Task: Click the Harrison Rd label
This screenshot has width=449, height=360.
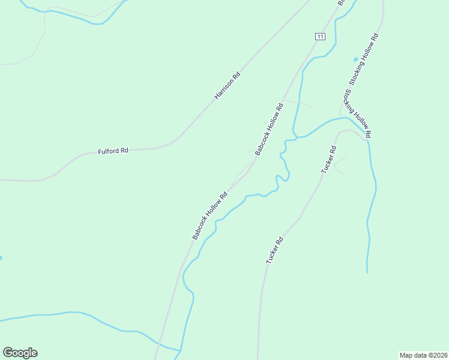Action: click(228, 86)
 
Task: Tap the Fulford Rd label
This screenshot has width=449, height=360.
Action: click(113, 152)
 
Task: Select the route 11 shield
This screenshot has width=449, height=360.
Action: click(320, 37)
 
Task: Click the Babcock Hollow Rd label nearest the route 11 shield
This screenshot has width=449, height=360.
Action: click(269, 130)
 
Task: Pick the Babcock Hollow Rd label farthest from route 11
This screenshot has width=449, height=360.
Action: click(209, 215)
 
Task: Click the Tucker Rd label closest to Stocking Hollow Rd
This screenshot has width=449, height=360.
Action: click(328, 160)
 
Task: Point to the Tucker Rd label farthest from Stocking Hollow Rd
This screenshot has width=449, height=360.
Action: click(274, 251)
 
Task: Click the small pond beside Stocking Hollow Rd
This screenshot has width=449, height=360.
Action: click(356, 59)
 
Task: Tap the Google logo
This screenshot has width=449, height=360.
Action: click(20, 353)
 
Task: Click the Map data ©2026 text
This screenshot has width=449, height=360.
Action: click(423, 355)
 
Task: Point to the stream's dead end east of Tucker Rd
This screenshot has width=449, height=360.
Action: click(367, 272)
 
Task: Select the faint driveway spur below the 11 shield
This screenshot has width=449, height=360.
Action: click(298, 103)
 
